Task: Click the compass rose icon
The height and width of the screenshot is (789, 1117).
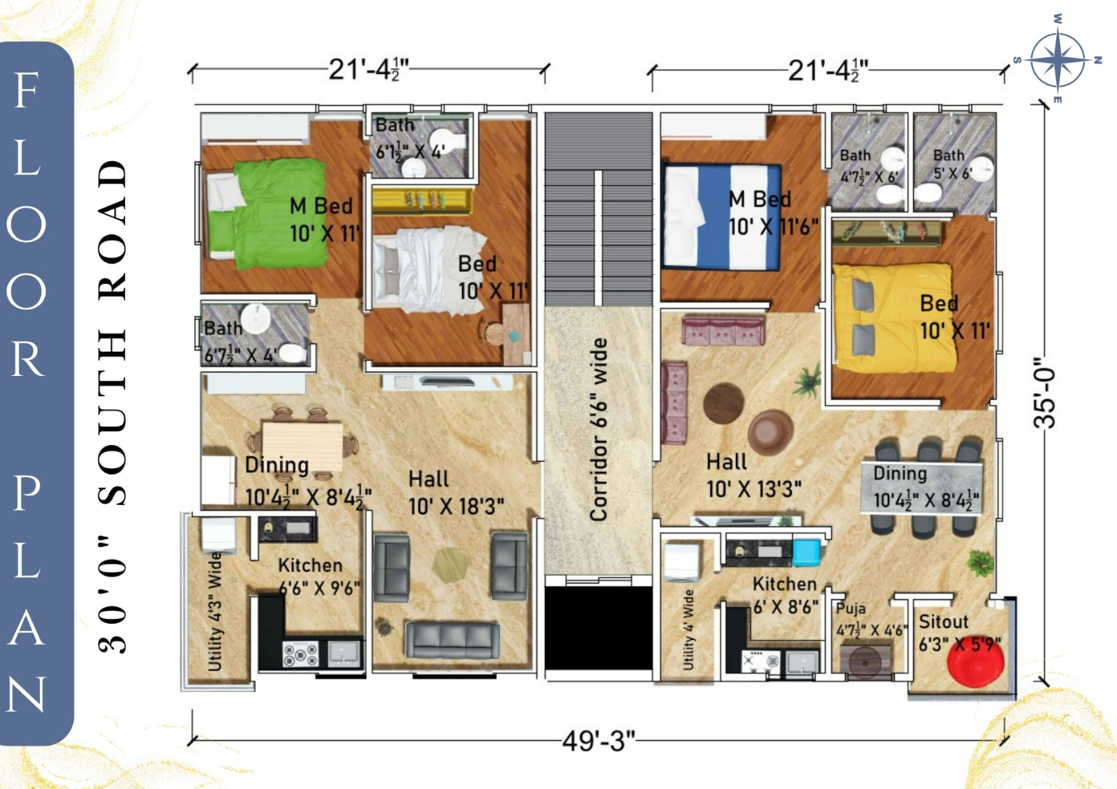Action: pyautogui.click(x=1057, y=59)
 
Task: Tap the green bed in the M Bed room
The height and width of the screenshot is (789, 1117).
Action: pyautogui.click(x=269, y=213)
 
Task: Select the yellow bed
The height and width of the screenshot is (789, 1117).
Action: pyautogui.click(x=896, y=318)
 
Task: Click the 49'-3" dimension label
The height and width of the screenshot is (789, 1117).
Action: pyautogui.click(x=599, y=741)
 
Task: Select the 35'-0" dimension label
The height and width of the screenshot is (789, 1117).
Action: pyautogui.click(x=1045, y=393)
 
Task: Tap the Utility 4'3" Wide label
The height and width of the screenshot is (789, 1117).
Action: pyautogui.click(x=214, y=612)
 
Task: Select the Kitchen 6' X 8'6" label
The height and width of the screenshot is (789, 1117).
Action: pyautogui.click(x=785, y=595)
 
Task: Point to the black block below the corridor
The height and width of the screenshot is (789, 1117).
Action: pyautogui.click(x=598, y=628)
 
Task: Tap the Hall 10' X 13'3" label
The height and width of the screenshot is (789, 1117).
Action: pyautogui.click(x=754, y=476)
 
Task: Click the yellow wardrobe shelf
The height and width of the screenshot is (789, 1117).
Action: pyautogui.click(x=422, y=201)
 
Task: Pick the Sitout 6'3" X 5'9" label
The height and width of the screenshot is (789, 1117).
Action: pyautogui.click(x=959, y=633)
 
